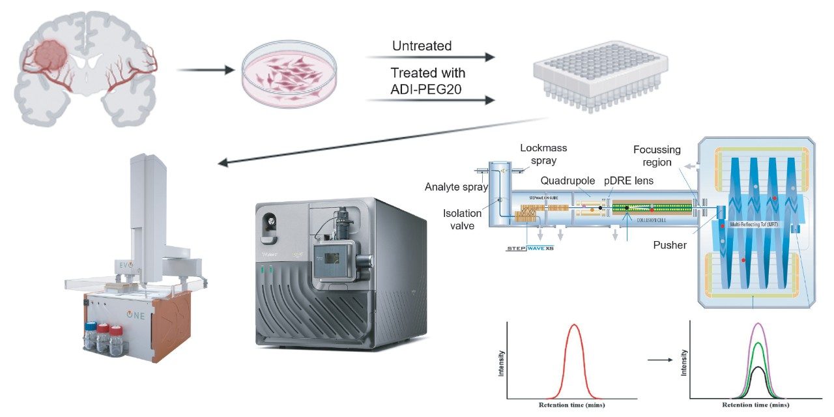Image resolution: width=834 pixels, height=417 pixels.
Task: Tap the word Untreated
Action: [x=422, y=46]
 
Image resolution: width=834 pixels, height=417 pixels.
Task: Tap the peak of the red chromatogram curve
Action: [x=573, y=324]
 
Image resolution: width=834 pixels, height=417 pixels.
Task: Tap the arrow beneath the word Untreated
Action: [x=430, y=58]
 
